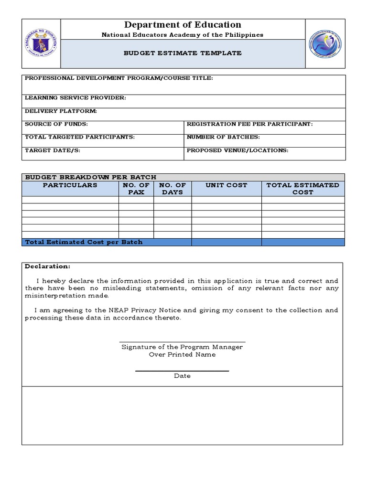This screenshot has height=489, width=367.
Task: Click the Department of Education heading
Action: click(183, 25)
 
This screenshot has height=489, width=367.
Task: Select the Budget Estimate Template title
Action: click(183, 53)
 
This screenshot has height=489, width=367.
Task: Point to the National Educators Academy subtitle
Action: click(183, 35)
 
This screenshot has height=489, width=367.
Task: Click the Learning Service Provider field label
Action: click(76, 98)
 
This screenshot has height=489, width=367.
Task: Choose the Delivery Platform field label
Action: click(61, 111)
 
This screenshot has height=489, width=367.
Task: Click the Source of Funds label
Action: click(56, 124)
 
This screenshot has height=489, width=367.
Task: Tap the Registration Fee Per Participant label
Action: click(249, 124)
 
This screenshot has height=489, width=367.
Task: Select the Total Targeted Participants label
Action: click(80, 137)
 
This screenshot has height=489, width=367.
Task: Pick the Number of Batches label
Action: click(223, 137)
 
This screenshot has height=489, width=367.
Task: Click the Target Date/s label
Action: click(53, 150)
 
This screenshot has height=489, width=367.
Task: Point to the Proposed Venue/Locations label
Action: click(237, 150)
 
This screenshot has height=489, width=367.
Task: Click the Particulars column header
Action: click(70, 185)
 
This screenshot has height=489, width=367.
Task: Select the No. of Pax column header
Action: click(136, 189)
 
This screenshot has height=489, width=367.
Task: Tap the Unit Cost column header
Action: click(227, 185)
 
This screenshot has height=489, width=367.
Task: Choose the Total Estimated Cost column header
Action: click(303, 189)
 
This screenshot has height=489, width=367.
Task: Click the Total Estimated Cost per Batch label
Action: click(84, 242)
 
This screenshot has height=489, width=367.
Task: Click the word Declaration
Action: click(47, 266)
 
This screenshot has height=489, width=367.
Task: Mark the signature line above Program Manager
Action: click(182, 342)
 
